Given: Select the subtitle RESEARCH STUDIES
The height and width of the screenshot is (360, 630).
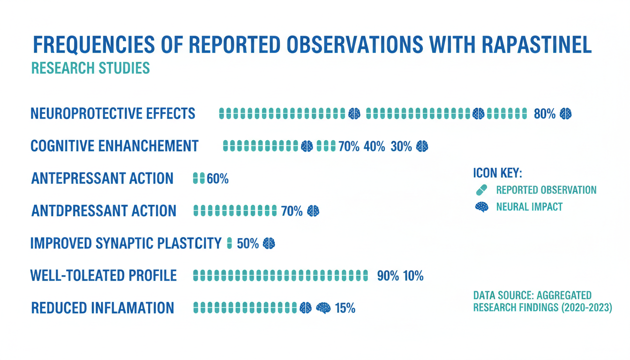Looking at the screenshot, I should pyautogui.click(x=90, y=68).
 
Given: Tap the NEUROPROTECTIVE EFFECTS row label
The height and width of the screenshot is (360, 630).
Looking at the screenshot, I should pyautogui.click(x=113, y=113).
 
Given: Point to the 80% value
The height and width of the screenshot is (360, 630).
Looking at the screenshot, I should pyautogui.click(x=545, y=113).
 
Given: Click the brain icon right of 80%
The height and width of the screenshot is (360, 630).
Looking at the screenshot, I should pyautogui.click(x=565, y=113).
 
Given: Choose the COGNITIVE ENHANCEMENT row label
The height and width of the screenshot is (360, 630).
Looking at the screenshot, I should pyautogui.click(x=114, y=146).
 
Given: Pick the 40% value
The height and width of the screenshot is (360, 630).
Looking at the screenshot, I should pyautogui.click(x=374, y=147).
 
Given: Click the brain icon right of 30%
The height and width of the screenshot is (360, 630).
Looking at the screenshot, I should pyautogui.click(x=422, y=146).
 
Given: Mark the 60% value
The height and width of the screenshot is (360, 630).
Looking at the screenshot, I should pyautogui.click(x=217, y=179).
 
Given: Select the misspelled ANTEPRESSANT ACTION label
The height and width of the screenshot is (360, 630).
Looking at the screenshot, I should pyautogui.click(x=102, y=179).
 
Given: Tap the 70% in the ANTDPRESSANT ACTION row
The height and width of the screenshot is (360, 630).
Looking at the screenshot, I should pyautogui.click(x=292, y=211).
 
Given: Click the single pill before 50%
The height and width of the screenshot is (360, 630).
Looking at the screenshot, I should pyautogui.click(x=229, y=243).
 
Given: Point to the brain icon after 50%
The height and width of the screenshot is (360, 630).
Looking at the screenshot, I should pyautogui.click(x=269, y=243).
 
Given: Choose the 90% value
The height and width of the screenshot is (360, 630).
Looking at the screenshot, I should pyautogui.click(x=388, y=276).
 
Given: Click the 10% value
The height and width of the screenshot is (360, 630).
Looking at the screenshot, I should pyautogui.click(x=413, y=276).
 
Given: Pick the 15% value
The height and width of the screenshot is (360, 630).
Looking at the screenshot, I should pyautogui.click(x=345, y=308).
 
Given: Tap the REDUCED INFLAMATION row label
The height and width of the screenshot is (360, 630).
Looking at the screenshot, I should pyautogui.click(x=102, y=308).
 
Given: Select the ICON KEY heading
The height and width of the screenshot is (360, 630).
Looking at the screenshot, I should pyautogui.click(x=497, y=173).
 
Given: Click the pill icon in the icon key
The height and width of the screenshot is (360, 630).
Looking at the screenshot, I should pyautogui.click(x=481, y=190).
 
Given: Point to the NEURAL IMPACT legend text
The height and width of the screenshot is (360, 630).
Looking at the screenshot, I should pyautogui.click(x=529, y=207).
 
